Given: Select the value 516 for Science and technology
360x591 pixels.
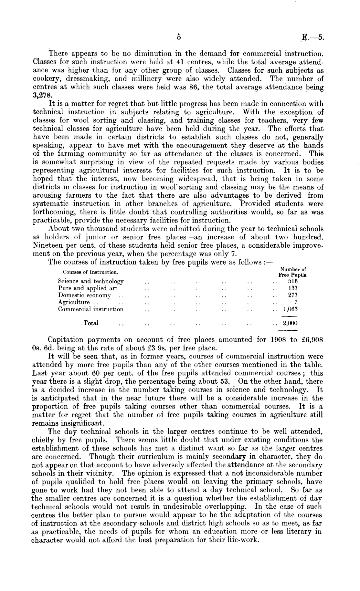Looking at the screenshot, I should (x=293, y=281).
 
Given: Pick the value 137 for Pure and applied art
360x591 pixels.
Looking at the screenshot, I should (x=293, y=288).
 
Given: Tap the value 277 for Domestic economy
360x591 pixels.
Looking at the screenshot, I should (x=293, y=295).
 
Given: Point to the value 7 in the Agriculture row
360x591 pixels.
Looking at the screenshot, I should (x=296, y=302).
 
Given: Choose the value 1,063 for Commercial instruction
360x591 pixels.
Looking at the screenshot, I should (x=290, y=309).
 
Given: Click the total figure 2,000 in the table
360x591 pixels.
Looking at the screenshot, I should (x=290, y=323).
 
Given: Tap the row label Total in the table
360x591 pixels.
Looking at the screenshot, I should (x=91, y=323).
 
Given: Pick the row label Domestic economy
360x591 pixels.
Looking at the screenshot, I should (x=84, y=295).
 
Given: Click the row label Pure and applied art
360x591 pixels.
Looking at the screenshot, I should (x=88, y=288).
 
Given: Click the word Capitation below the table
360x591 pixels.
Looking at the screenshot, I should (x=64, y=340).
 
